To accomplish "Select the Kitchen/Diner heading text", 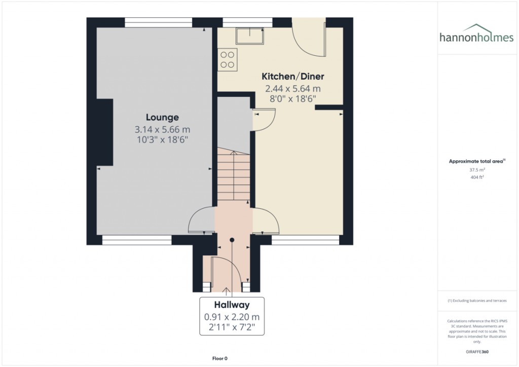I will click(x=292, y=77).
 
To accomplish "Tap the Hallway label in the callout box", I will click(x=232, y=305).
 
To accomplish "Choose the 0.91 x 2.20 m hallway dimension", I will click(x=232, y=317).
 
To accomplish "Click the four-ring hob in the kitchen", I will click(x=227, y=58).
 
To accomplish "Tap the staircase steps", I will click(x=234, y=175).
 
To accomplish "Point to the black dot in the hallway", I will click(x=232, y=240).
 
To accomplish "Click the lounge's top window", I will click(x=158, y=22).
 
